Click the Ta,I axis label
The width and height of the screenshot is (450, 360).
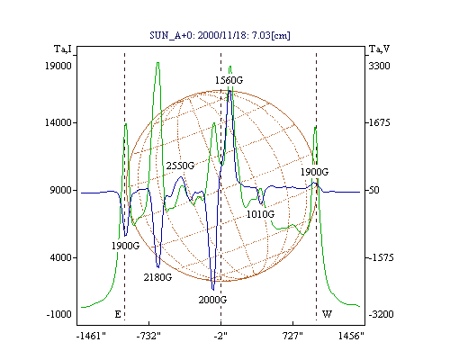pyautogui.click(x=63, y=49)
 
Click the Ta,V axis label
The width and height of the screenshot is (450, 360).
pyautogui.click(x=379, y=49)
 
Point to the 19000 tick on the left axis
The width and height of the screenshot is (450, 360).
pyautogui.click(x=58, y=66)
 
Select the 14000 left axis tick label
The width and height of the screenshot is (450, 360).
pyautogui.click(x=58, y=122)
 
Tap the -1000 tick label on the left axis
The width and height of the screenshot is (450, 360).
pyautogui.click(x=59, y=314)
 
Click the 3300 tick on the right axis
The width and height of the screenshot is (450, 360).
pyautogui.click(x=379, y=66)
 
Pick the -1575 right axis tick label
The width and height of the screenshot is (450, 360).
pyautogui.click(x=381, y=257)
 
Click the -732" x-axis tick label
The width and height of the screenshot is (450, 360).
pyautogui.click(x=148, y=337)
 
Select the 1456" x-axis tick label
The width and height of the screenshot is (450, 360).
pyautogui.click(x=351, y=337)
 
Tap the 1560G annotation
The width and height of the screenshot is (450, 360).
pyautogui.click(x=229, y=80)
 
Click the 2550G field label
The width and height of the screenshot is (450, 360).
pyautogui.click(x=180, y=166)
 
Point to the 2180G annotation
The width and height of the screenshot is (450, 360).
pyautogui.click(x=157, y=277)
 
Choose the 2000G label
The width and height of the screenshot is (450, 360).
pyautogui.click(x=212, y=300)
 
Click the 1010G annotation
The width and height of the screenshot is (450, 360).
pyautogui.click(x=260, y=214)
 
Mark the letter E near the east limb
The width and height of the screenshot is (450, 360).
pyautogui.click(x=118, y=314)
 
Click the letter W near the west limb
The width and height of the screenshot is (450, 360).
pyautogui.click(x=327, y=314)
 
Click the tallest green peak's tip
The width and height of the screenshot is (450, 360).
pyautogui.click(x=157, y=62)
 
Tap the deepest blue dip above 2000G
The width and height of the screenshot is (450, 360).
pyautogui.click(x=213, y=290)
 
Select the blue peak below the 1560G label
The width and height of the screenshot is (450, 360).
pyautogui.click(x=229, y=90)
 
